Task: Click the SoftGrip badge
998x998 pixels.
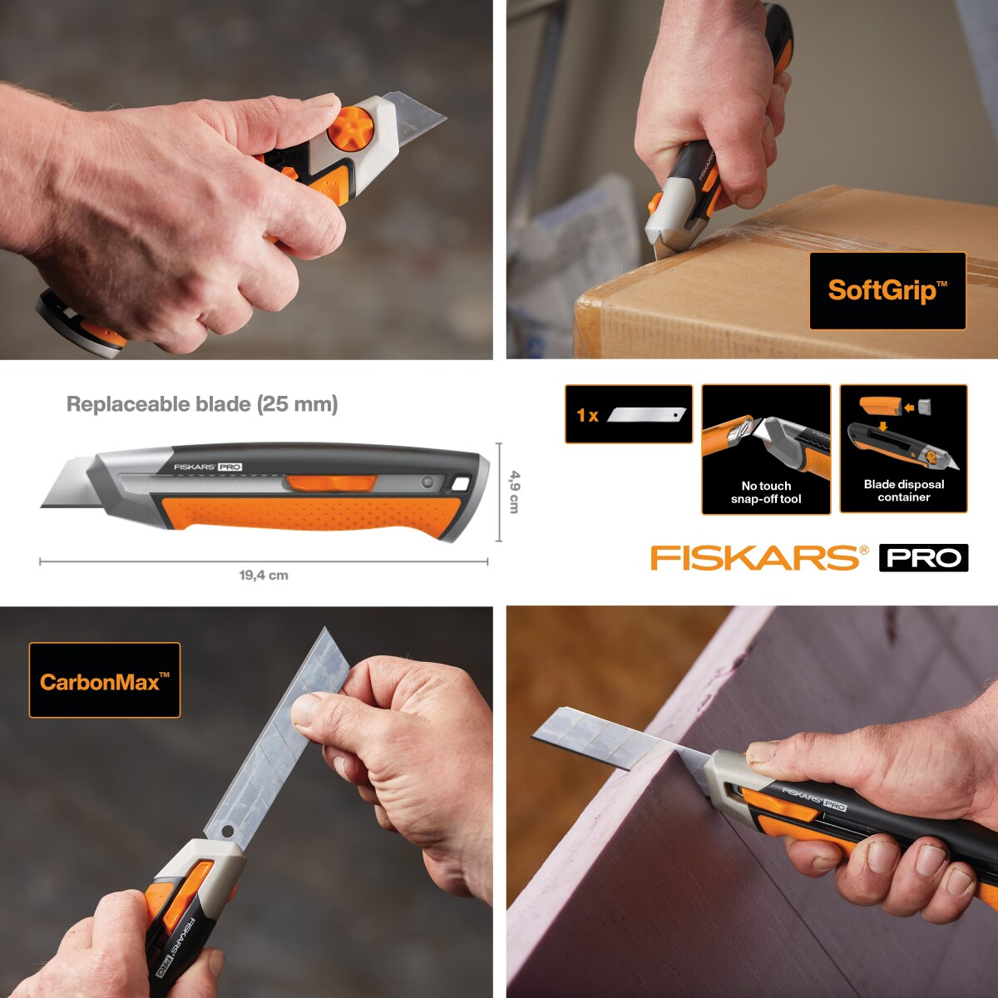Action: [x=887, y=290]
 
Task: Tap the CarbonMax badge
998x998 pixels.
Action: [x=105, y=681]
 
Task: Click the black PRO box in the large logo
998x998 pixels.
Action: [x=923, y=557]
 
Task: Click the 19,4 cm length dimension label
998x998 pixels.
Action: [x=264, y=575]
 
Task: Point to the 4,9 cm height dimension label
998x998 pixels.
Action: [x=515, y=492]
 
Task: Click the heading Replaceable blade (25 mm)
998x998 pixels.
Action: [x=202, y=404]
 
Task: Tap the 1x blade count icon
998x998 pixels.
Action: [x=629, y=414]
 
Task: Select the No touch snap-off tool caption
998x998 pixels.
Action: [x=766, y=492]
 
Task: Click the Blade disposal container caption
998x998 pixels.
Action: [x=904, y=491]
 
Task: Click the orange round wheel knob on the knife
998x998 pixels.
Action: [x=350, y=133]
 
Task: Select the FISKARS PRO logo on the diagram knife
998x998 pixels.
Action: [x=208, y=467]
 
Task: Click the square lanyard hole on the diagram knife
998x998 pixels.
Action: [x=460, y=484]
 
